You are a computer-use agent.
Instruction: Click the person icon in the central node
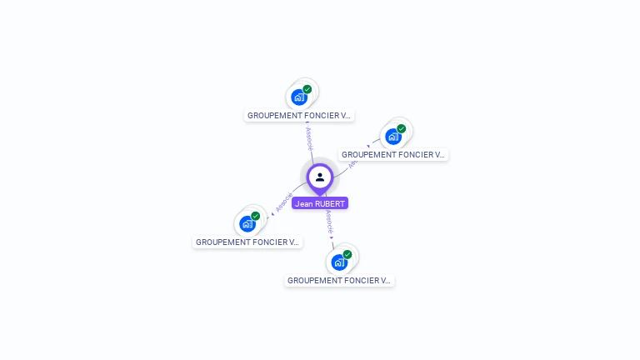320,177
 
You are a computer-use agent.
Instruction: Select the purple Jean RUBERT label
320,203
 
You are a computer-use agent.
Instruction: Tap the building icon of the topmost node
299,97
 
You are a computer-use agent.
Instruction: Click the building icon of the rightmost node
393,136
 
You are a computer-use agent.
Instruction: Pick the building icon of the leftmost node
247,223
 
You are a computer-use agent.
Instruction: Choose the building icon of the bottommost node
339,262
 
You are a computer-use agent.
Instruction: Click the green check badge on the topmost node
307,89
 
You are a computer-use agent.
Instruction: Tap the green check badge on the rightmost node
402,128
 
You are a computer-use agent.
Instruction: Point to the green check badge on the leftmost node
256,216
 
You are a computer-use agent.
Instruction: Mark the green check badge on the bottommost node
347,254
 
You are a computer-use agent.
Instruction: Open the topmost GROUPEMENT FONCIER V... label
300,116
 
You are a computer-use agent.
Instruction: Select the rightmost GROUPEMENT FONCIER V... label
394,155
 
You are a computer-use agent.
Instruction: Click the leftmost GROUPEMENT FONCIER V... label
247,242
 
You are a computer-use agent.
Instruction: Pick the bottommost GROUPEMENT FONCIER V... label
339,281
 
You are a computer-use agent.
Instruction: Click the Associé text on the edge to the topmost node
309,138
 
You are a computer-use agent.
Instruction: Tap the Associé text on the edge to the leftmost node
283,202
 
